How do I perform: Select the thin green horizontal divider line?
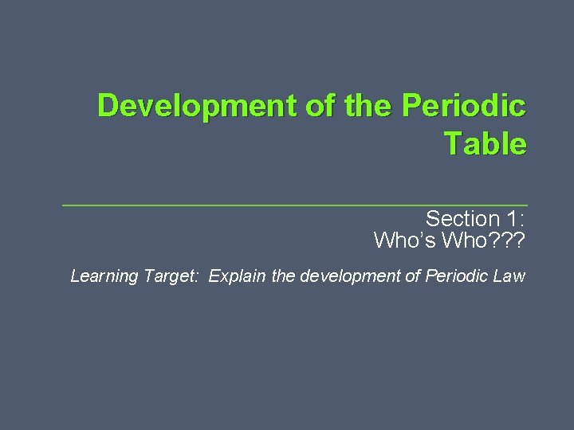pos(295,205)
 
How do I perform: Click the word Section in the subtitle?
pos(462,219)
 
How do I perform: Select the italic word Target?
pos(171,277)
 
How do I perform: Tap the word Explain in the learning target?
pos(239,276)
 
